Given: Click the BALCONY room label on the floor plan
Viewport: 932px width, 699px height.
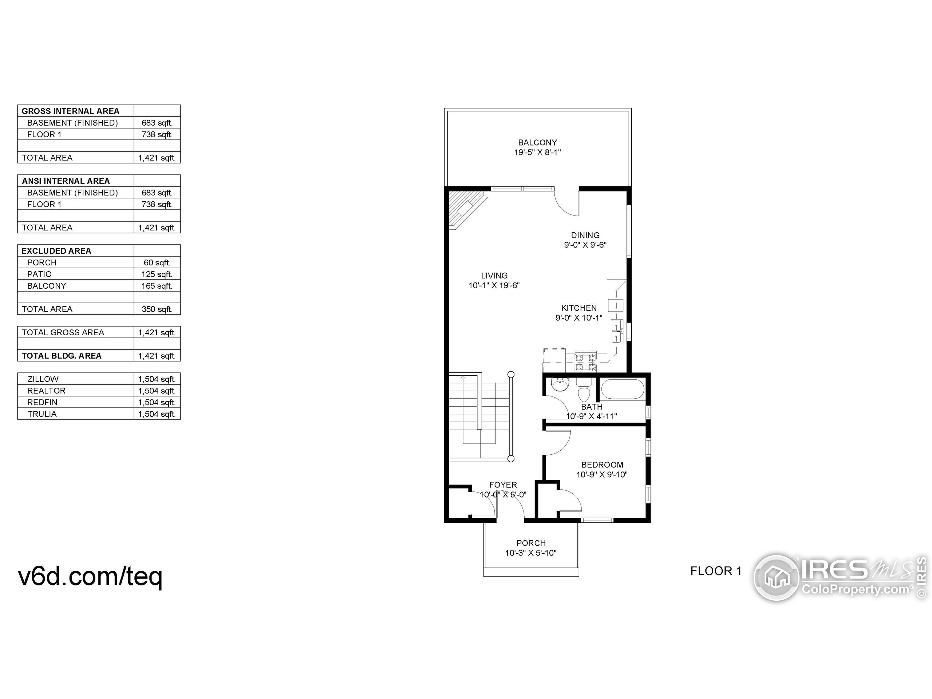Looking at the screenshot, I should [x=537, y=143].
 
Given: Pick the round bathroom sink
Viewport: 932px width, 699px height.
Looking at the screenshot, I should [x=560, y=385].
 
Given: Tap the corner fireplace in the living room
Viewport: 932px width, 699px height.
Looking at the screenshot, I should [x=465, y=209].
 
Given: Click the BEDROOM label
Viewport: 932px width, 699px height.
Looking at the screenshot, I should [x=602, y=465].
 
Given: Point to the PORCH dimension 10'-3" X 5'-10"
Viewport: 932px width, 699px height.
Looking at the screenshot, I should [x=530, y=553].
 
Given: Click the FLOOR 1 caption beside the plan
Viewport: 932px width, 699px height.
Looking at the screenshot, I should [x=715, y=571].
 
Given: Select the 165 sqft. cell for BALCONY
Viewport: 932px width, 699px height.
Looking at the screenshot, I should [x=157, y=286].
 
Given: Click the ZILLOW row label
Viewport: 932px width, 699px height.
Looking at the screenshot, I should [x=43, y=379].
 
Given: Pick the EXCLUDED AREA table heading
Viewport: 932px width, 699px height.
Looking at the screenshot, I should [x=56, y=251].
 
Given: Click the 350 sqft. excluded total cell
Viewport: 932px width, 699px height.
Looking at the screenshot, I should [x=157, y=309].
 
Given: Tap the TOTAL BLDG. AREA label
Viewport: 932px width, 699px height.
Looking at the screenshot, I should [x=62, y=356].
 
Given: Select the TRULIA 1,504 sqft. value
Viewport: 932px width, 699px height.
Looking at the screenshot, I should [x=157, y=414].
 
